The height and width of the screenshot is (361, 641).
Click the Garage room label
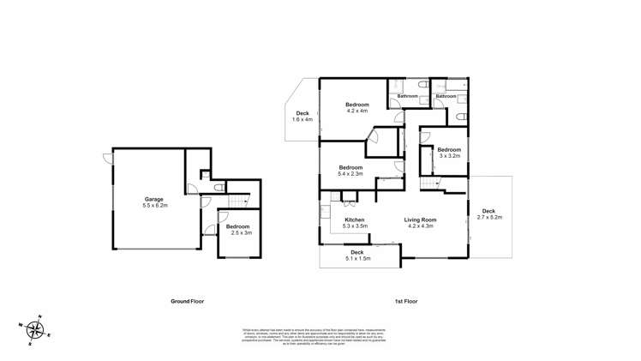point(153,199)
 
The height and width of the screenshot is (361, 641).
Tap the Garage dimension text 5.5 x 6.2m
point(156,206)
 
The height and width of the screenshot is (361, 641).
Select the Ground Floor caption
point(187,302)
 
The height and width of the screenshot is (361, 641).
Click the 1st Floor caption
point(405,302)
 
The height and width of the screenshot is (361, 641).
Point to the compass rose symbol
point(34,329)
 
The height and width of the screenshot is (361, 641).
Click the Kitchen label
point(355,220)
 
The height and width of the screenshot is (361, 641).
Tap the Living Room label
point(421,220)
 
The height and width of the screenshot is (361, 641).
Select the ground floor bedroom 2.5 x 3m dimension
point(238,232)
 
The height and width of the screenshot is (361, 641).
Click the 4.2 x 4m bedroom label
point(356,104)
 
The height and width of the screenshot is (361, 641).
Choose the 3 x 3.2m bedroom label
point(450,150)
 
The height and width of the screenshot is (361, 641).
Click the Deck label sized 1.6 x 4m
point(303,114)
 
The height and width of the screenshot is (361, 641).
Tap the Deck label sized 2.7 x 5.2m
point(488,211)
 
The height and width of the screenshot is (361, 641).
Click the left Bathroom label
point(408,96)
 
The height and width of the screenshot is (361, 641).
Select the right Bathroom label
point(446,96)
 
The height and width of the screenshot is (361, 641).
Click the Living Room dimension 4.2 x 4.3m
point(421,227)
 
